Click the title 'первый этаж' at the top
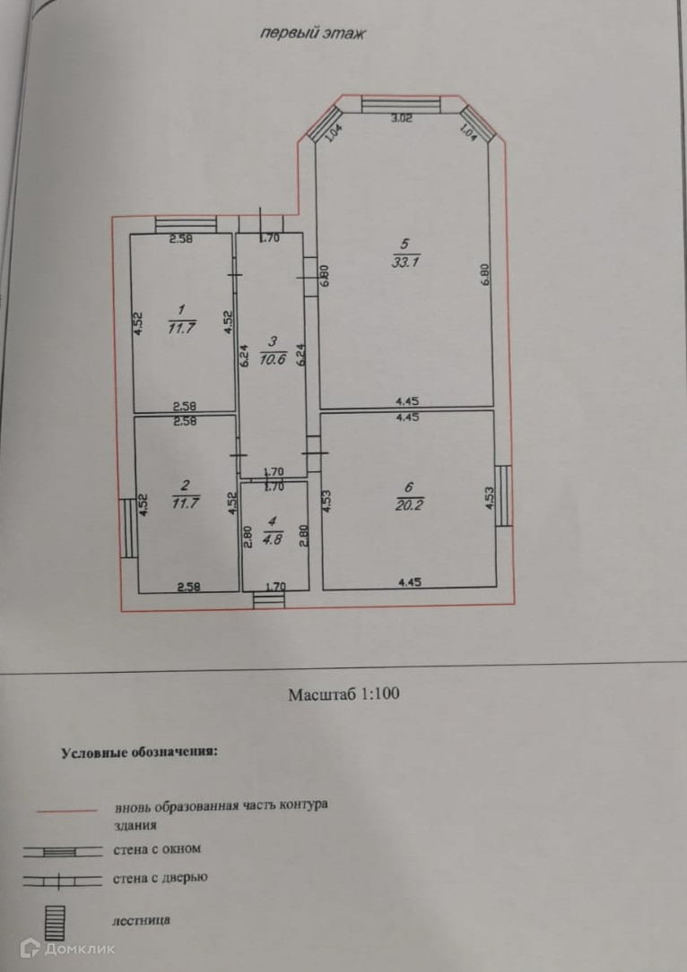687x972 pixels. (x=314, y=33)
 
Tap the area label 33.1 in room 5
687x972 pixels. (x=403, y=262)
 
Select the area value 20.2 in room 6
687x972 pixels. (x=408, y=503)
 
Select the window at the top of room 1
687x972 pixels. (x=185, y=223)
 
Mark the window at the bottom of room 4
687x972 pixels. (x=267, y=598)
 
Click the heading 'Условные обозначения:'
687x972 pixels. (x=139, y=753)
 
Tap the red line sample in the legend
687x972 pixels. (x=66, y=811)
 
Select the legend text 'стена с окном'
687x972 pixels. (x=157, y=848)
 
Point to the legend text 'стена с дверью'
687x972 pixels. (x=161, y=878)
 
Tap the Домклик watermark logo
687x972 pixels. (x=68, y=949)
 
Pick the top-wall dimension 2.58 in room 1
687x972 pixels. (x=183, y=239)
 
